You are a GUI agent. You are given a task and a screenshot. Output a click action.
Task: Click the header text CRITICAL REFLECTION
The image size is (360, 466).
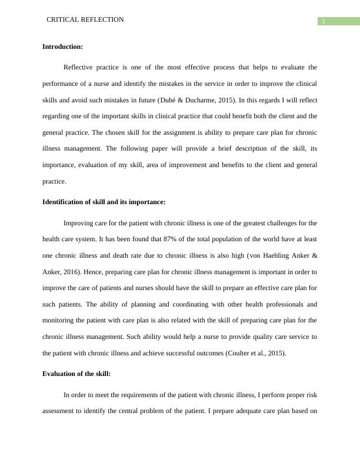click(85, 20)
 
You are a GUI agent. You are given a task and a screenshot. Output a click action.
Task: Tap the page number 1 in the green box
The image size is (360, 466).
click(323, 22)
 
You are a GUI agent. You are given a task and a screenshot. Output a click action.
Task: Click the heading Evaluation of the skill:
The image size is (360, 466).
click(76, 374)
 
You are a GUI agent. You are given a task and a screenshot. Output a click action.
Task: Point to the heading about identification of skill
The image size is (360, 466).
click(104, 202)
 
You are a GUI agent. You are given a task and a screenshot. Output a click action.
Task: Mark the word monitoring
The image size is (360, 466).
click(60, 321)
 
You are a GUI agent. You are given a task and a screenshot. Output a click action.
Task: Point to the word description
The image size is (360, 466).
click(231, 149)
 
